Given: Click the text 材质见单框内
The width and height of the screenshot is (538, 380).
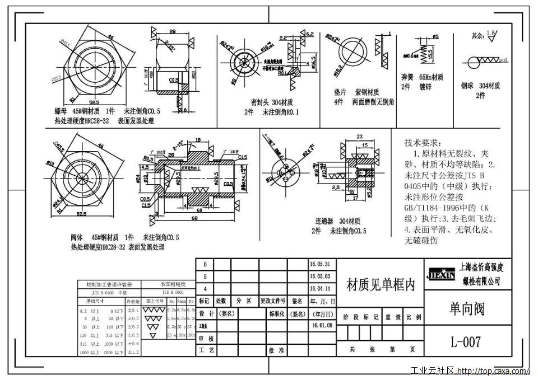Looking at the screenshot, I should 381,284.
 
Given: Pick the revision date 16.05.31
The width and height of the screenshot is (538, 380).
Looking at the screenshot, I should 320,264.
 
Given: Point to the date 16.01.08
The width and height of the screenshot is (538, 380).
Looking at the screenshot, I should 320,325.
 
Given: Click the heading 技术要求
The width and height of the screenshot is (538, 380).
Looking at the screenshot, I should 423,143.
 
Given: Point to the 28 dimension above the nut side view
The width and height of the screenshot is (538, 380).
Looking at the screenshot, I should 172,32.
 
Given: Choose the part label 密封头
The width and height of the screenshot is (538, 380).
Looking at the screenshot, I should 261,102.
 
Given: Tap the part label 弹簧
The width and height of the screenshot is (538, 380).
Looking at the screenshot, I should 407,78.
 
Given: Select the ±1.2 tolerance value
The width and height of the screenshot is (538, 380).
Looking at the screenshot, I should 133,352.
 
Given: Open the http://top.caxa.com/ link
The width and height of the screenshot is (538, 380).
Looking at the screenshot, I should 493,371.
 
